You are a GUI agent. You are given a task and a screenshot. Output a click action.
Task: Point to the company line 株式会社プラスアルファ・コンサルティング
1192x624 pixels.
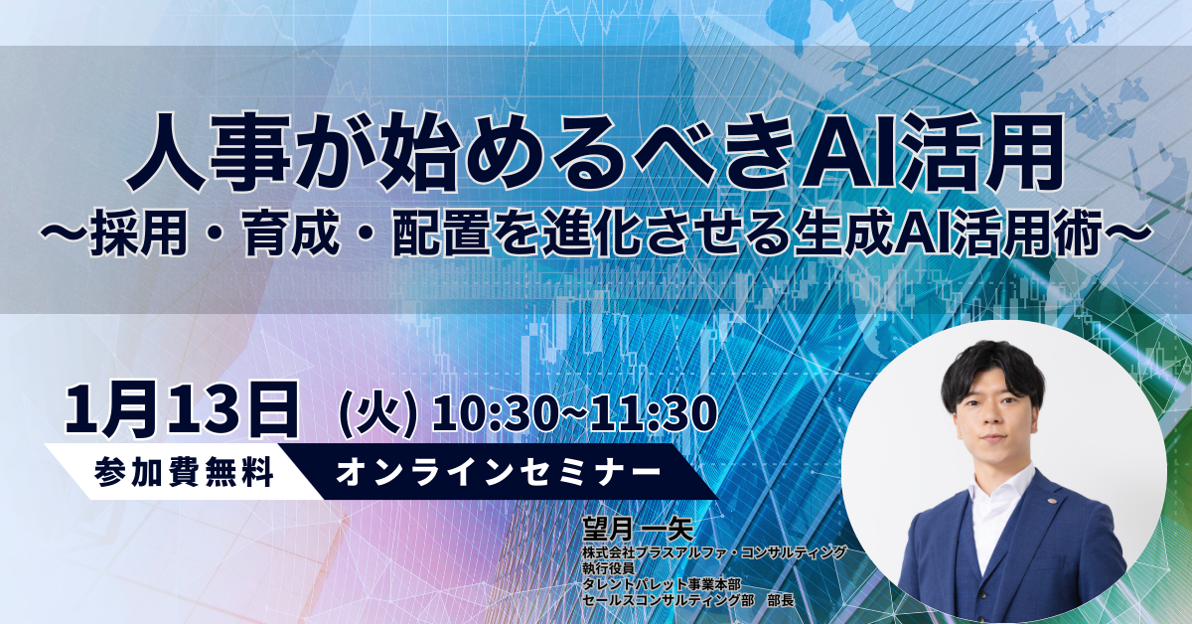pyautogui.click(x=715, y=551)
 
